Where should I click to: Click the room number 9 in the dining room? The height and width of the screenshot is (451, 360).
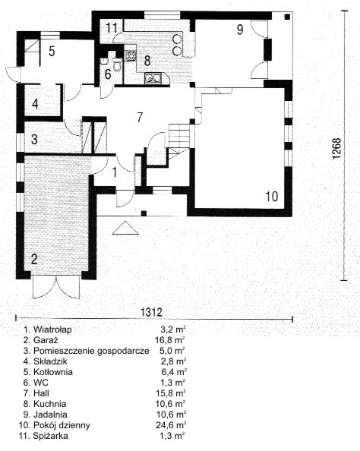240,29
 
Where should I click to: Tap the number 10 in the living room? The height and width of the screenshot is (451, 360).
272,197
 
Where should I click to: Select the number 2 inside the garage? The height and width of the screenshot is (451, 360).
34,259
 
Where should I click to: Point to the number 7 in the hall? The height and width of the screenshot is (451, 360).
140,117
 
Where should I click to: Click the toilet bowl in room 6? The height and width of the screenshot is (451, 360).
118,65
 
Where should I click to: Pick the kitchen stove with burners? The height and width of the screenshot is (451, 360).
130,55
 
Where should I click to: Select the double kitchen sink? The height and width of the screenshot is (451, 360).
153,77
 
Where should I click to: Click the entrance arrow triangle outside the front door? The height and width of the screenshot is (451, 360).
125,228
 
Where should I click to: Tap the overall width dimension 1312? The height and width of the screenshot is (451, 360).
152,312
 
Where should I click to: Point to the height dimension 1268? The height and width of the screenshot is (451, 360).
336,148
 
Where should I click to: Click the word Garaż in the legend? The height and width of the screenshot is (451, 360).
46,340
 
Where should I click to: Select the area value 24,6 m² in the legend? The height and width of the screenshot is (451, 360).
171,425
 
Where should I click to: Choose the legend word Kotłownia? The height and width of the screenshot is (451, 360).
53,372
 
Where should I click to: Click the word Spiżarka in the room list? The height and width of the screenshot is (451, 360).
50,436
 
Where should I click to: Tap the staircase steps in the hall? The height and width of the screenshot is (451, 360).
179,135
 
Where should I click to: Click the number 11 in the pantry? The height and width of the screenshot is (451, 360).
112,28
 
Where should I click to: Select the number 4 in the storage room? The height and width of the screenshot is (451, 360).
35,103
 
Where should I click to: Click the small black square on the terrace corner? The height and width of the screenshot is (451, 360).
287,17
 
